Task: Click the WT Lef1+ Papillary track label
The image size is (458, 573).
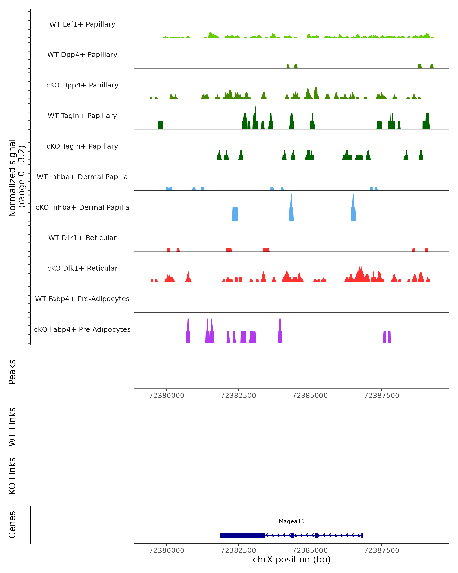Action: (82, 24)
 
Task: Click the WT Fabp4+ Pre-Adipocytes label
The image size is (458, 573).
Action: (82, 299)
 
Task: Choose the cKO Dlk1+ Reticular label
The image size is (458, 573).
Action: (82, 268)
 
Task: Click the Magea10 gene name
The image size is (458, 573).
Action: (292, 521)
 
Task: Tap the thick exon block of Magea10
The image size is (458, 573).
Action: (243, 535)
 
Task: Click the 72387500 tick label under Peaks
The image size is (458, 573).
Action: (381, 396)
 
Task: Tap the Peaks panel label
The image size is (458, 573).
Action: (12, 372)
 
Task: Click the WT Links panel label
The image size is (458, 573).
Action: (12, 427)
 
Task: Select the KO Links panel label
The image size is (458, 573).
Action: (12, 476)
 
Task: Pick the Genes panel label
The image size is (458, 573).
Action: (12, 525)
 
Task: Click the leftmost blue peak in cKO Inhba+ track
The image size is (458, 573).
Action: (235, 213)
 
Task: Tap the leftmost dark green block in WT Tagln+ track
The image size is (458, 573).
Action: (160, 125)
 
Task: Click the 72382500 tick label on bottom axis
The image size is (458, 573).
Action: (238, 550)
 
